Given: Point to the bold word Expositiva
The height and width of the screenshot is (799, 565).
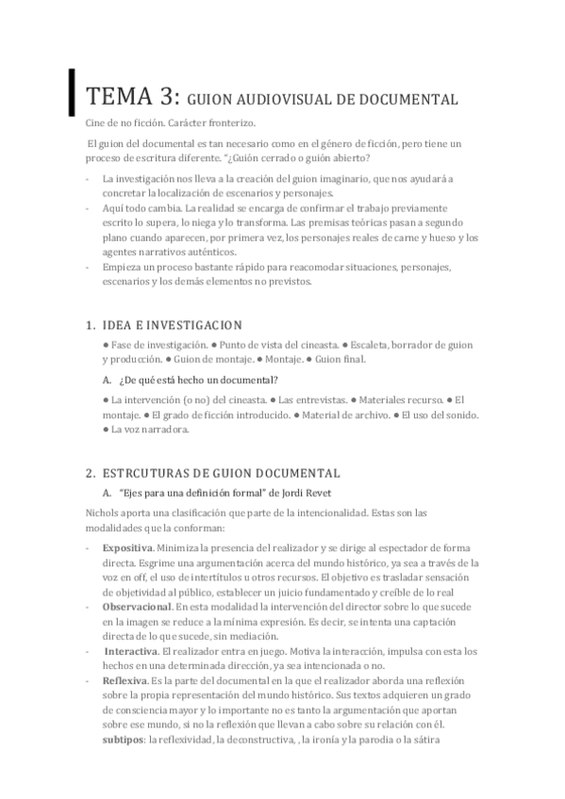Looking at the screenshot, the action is point(128,547).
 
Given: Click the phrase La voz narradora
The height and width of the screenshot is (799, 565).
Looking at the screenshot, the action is point(150,430).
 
